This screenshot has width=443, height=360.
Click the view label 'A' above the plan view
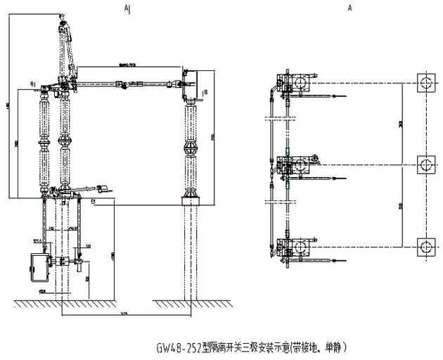pos(349,8)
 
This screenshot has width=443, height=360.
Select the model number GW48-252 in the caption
pos(180,347)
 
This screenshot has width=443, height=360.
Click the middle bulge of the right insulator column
pos(191,149)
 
